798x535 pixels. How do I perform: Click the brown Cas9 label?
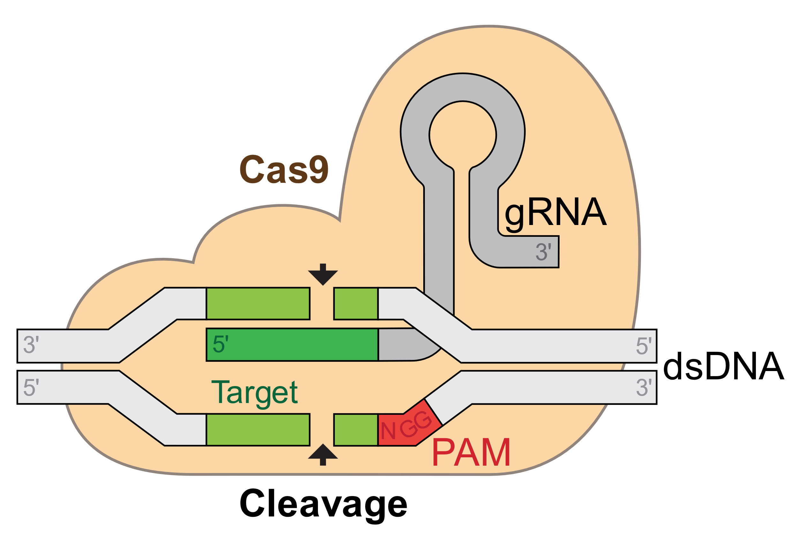284,169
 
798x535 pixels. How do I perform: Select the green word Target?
254,393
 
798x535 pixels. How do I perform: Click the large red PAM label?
471,453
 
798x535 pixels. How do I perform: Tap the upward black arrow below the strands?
323,454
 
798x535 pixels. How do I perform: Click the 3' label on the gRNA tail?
543,252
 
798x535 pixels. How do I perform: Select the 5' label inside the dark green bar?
221,344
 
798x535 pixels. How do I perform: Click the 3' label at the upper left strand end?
31,345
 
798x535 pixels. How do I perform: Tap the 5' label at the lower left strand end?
31,387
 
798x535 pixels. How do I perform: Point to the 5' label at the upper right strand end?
644,345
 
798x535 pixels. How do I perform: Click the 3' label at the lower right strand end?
644,388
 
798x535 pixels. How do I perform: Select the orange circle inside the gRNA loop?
463,135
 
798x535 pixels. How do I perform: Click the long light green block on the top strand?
258,304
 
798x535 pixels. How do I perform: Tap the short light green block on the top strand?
356,304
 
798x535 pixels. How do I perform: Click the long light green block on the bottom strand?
258,430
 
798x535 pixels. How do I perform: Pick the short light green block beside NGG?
356,430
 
